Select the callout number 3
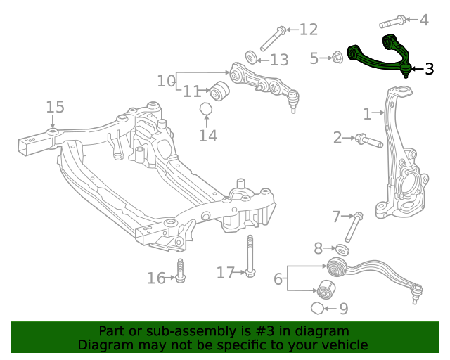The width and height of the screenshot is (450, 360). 429,69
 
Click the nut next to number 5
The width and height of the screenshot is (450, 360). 337,57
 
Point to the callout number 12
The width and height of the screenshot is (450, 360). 308,30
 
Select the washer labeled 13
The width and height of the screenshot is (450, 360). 251,56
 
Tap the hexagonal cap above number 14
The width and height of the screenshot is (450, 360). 206,109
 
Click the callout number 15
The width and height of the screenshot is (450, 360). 55,107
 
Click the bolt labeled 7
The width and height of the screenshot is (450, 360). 353,229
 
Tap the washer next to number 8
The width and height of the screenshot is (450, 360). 342,249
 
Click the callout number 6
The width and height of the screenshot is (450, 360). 278,279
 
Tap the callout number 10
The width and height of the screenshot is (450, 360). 166,81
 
